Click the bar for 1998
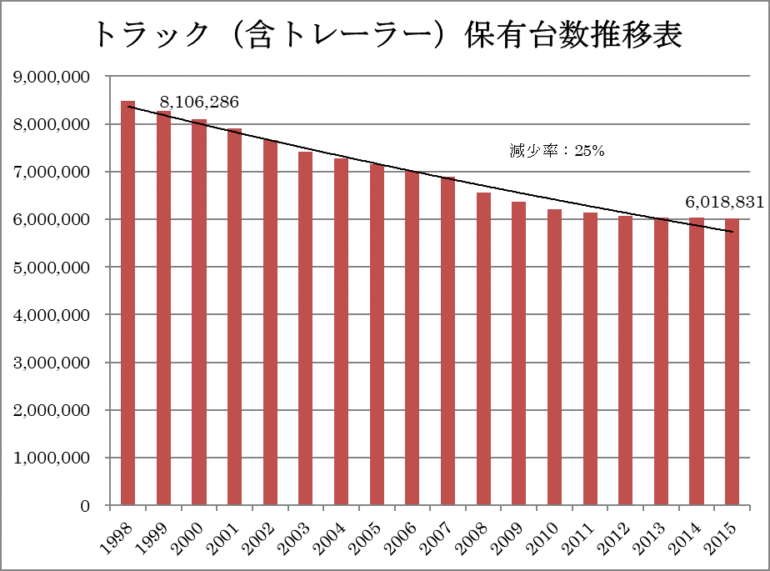(x=127, y=303)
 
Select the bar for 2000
(x=198, y=313)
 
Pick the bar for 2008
(x=483, y=349)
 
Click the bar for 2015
(x=732, y=362)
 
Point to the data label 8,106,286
(x=199, y=102)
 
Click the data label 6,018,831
(x=724, y=202)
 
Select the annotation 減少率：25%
(x=556, y=152)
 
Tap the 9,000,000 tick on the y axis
(x=52, y=77)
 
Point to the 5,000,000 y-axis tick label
(x=52, y=268)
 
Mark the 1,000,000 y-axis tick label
(x=52, y=458)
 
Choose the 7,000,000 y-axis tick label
(x=52, y=173)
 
